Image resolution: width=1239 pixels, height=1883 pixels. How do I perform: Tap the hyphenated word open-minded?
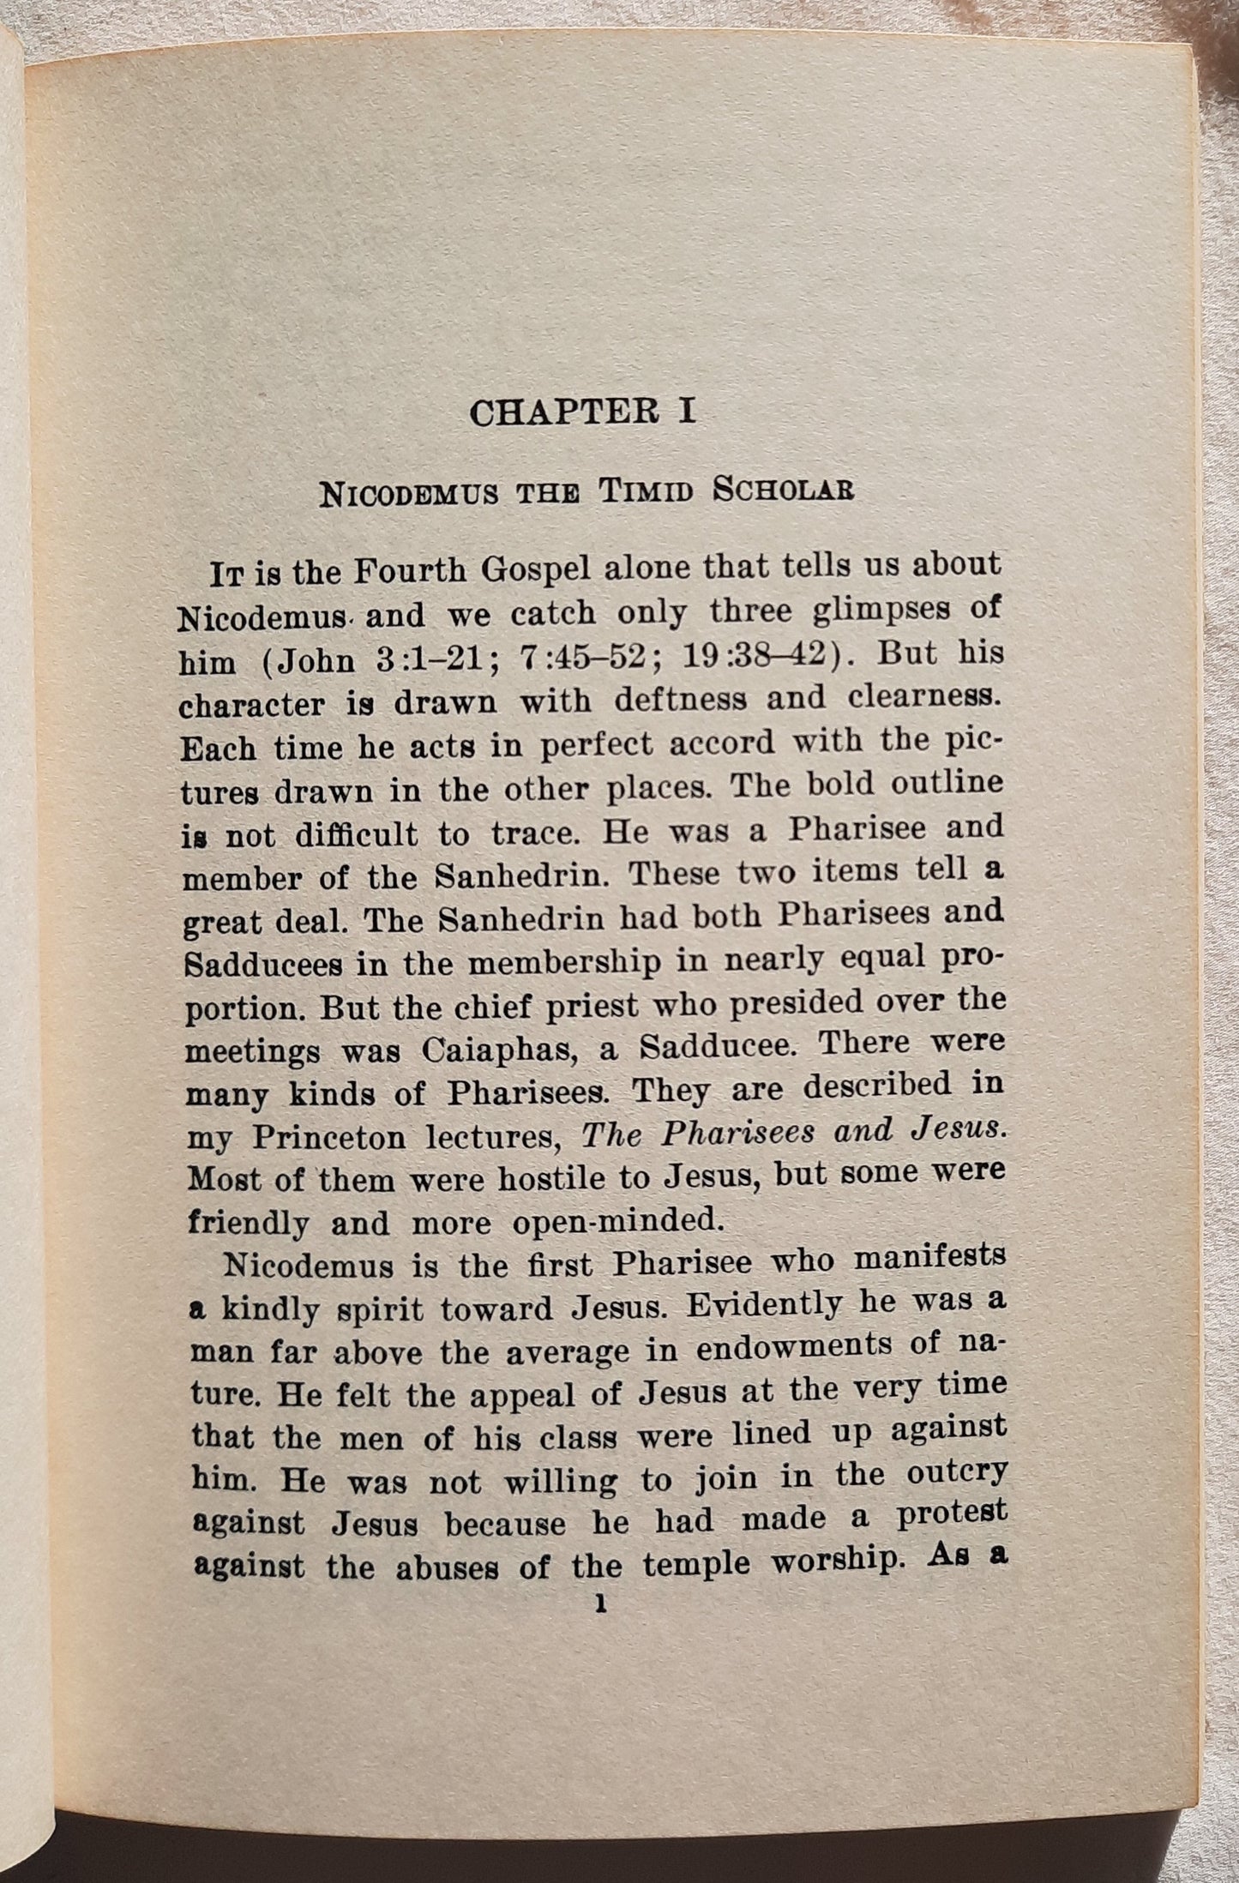(618, 1222)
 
